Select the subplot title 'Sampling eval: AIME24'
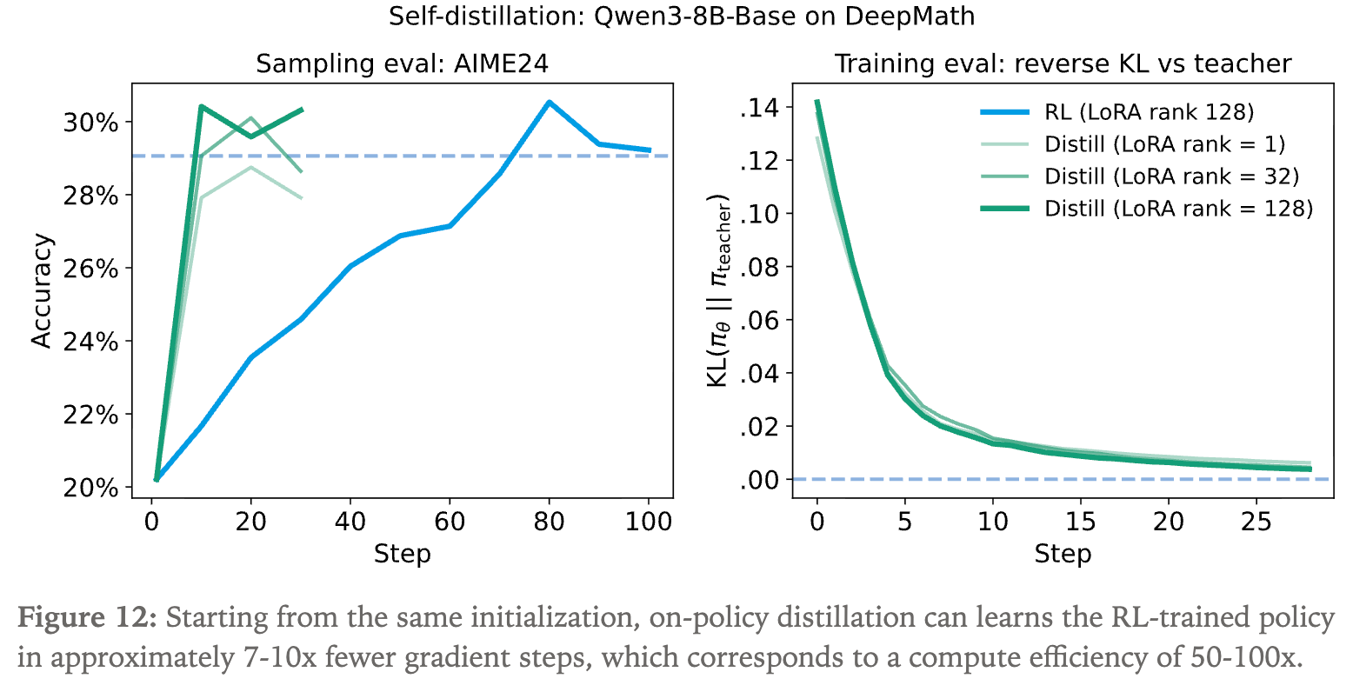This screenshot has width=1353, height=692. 402,63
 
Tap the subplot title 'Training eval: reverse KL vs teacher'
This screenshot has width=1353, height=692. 1063,63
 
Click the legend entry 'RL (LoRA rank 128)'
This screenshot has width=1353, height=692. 1149,111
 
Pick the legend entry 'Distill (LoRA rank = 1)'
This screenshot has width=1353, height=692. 1164,143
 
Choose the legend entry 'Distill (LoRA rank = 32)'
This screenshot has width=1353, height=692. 1171,176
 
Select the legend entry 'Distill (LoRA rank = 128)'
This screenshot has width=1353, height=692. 1178,208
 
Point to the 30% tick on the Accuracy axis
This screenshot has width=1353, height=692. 90,122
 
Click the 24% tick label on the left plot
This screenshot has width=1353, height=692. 90,342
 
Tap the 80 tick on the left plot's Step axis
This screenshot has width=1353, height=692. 549,522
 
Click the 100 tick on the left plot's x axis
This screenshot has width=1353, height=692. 648,522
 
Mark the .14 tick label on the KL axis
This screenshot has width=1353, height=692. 758,108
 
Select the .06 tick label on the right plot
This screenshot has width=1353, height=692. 758,321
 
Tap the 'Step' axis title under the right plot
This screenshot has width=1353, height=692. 1063,554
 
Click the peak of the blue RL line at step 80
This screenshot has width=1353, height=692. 549,102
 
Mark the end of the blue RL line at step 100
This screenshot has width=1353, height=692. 650,150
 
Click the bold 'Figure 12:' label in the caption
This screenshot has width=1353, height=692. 87,619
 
